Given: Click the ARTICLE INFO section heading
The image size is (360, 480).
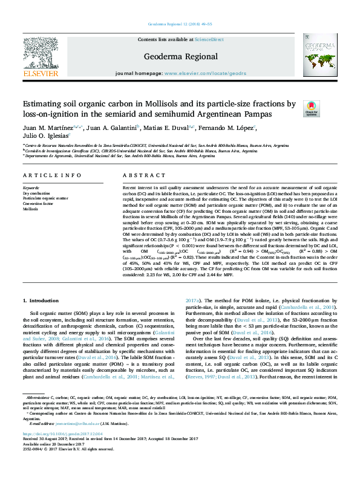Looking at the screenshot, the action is (x=52, y=175).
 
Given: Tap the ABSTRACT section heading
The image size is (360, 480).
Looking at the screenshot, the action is (x=136, y=175).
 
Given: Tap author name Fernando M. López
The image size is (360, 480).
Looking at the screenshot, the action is (x=233, y=128).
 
